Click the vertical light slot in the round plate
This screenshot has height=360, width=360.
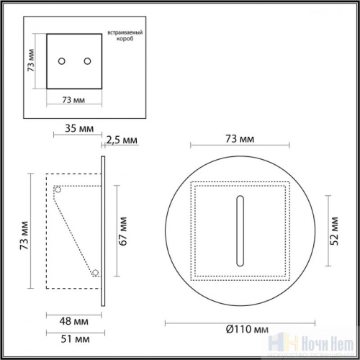238,229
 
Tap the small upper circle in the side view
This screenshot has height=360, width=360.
60,190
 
